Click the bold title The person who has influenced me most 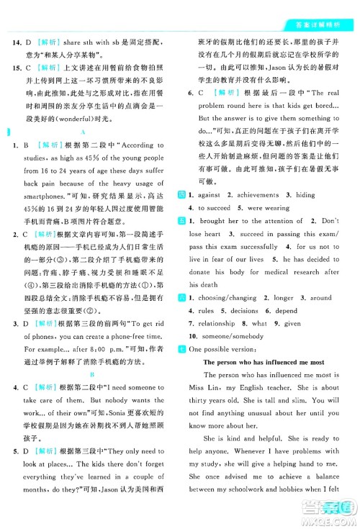[265, 361]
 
